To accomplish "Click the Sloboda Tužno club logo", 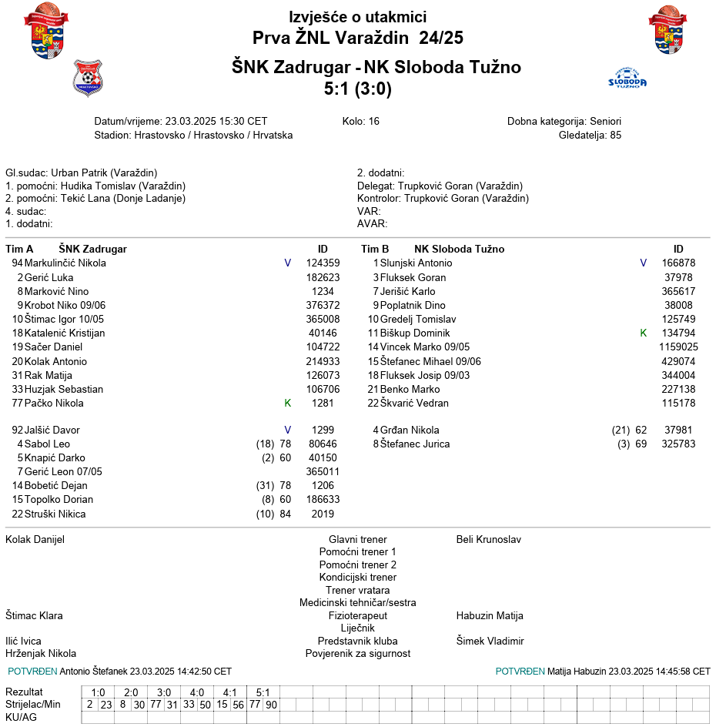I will coord(627,79).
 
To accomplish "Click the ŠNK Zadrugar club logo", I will coord(87,77).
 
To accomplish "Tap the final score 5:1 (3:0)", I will coord(358,89).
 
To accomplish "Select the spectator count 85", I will coord(615,135).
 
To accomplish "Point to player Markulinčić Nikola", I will coord(65,263).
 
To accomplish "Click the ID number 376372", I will coord(323,305).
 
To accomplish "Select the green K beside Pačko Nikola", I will coord(288,404).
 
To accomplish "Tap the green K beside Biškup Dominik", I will coord(644,333).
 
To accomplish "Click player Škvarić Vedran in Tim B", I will coord(414,404).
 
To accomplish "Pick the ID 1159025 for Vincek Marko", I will coord(678,347).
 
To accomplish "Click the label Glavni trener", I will coord(358,540).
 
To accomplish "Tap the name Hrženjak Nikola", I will coord(41,654).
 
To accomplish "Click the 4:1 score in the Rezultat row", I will coord(230,692).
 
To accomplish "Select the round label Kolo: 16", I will coord(361,122).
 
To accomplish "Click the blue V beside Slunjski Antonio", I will coord(644,263).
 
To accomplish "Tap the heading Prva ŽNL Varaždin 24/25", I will coord(358,38).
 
